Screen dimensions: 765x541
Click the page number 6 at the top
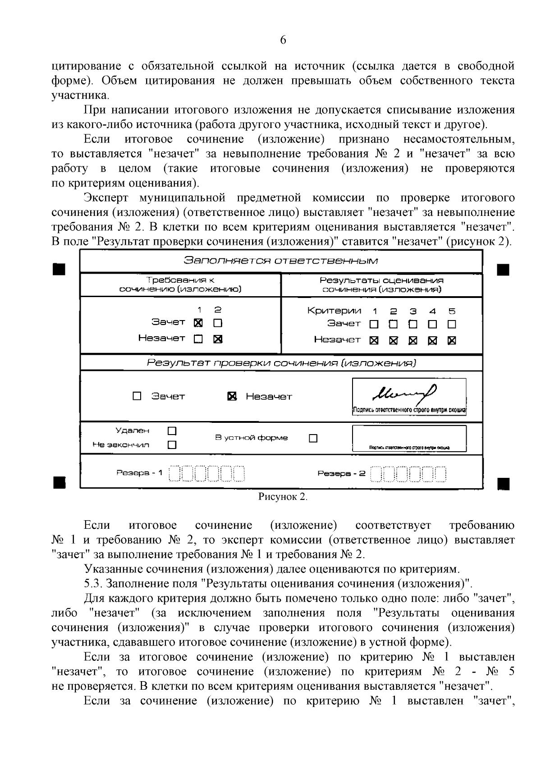point(283,40)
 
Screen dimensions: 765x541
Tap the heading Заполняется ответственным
point(281,261)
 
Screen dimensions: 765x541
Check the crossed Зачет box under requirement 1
point(198,323)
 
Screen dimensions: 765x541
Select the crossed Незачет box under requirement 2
point(218,339)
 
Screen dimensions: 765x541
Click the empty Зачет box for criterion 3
point(413,324)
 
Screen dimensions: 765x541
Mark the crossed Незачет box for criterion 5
point(452,341)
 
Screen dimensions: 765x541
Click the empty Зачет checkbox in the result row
point(137,396)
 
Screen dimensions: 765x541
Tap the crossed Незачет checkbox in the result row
point(232,396)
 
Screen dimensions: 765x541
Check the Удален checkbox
point(172,431)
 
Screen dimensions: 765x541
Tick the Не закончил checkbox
point(172,445)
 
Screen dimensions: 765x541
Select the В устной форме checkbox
point(313,438)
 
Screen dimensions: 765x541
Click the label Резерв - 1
point(139,473)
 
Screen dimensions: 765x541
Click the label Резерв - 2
point(341,473)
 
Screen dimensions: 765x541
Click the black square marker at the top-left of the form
point(60,269)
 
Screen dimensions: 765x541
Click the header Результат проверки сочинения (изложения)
point(281,363)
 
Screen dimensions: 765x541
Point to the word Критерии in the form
point(334,311)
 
